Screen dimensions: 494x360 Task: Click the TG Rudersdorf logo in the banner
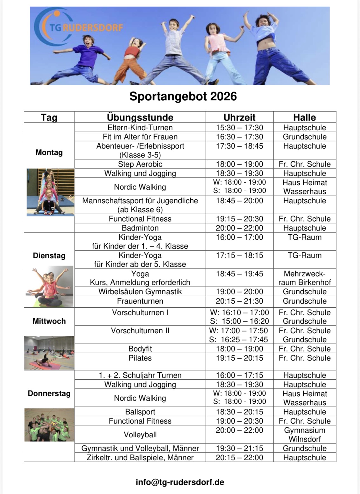78,27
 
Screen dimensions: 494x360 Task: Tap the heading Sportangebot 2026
183,97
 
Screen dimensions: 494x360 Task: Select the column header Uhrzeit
239,117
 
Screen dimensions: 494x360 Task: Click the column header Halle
304,117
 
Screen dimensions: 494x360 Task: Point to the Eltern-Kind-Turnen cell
140,127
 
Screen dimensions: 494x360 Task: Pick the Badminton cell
140,228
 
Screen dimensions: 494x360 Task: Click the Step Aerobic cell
140,164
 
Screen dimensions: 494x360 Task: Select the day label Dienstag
49,256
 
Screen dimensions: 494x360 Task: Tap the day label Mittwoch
49,321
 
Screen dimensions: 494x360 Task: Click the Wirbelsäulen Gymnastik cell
140,292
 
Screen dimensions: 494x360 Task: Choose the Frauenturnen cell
140,301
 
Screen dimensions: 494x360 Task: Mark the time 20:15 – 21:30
239,301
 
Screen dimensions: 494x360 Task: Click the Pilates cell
140,358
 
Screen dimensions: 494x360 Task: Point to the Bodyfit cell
140,349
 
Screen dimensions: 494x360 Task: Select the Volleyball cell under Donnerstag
140,435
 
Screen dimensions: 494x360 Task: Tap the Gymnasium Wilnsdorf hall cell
304,435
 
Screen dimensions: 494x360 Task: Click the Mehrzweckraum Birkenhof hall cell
304,278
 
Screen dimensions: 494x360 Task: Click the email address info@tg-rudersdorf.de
180,482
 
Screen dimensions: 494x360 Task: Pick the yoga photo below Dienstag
49,286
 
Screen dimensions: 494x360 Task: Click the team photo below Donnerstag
49,425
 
